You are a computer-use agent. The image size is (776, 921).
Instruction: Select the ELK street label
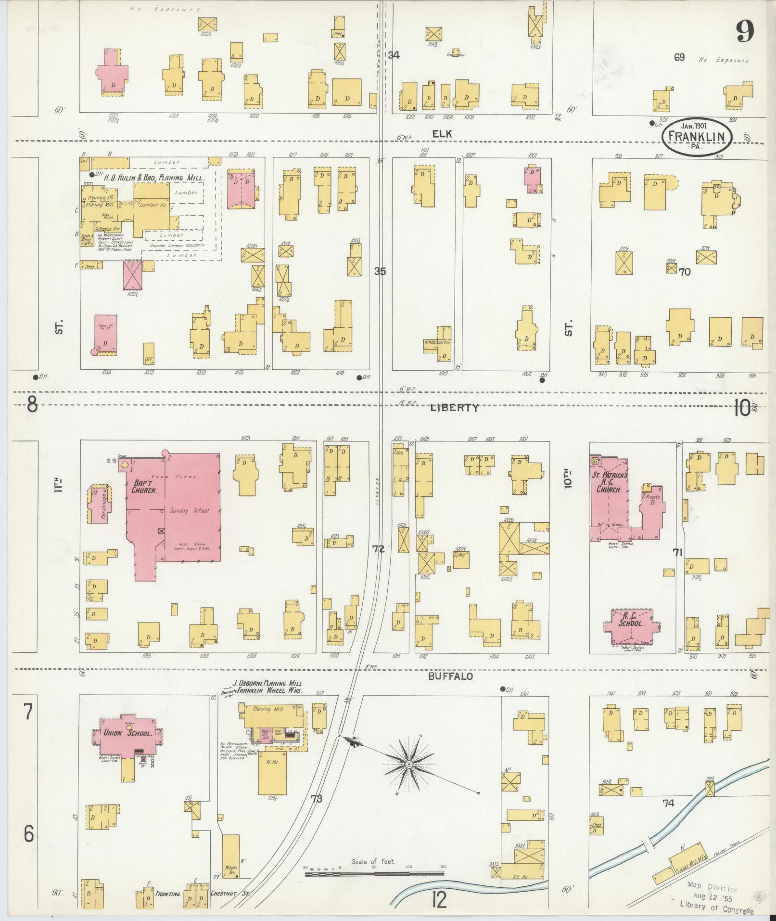coord(442,135)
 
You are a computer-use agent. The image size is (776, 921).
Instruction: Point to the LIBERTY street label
coord(454,408)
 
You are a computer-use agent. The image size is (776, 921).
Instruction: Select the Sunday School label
coord(190,510)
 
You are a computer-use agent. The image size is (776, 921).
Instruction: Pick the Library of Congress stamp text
coord(716,904)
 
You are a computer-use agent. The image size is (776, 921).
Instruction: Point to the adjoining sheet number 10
coord(743,409)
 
